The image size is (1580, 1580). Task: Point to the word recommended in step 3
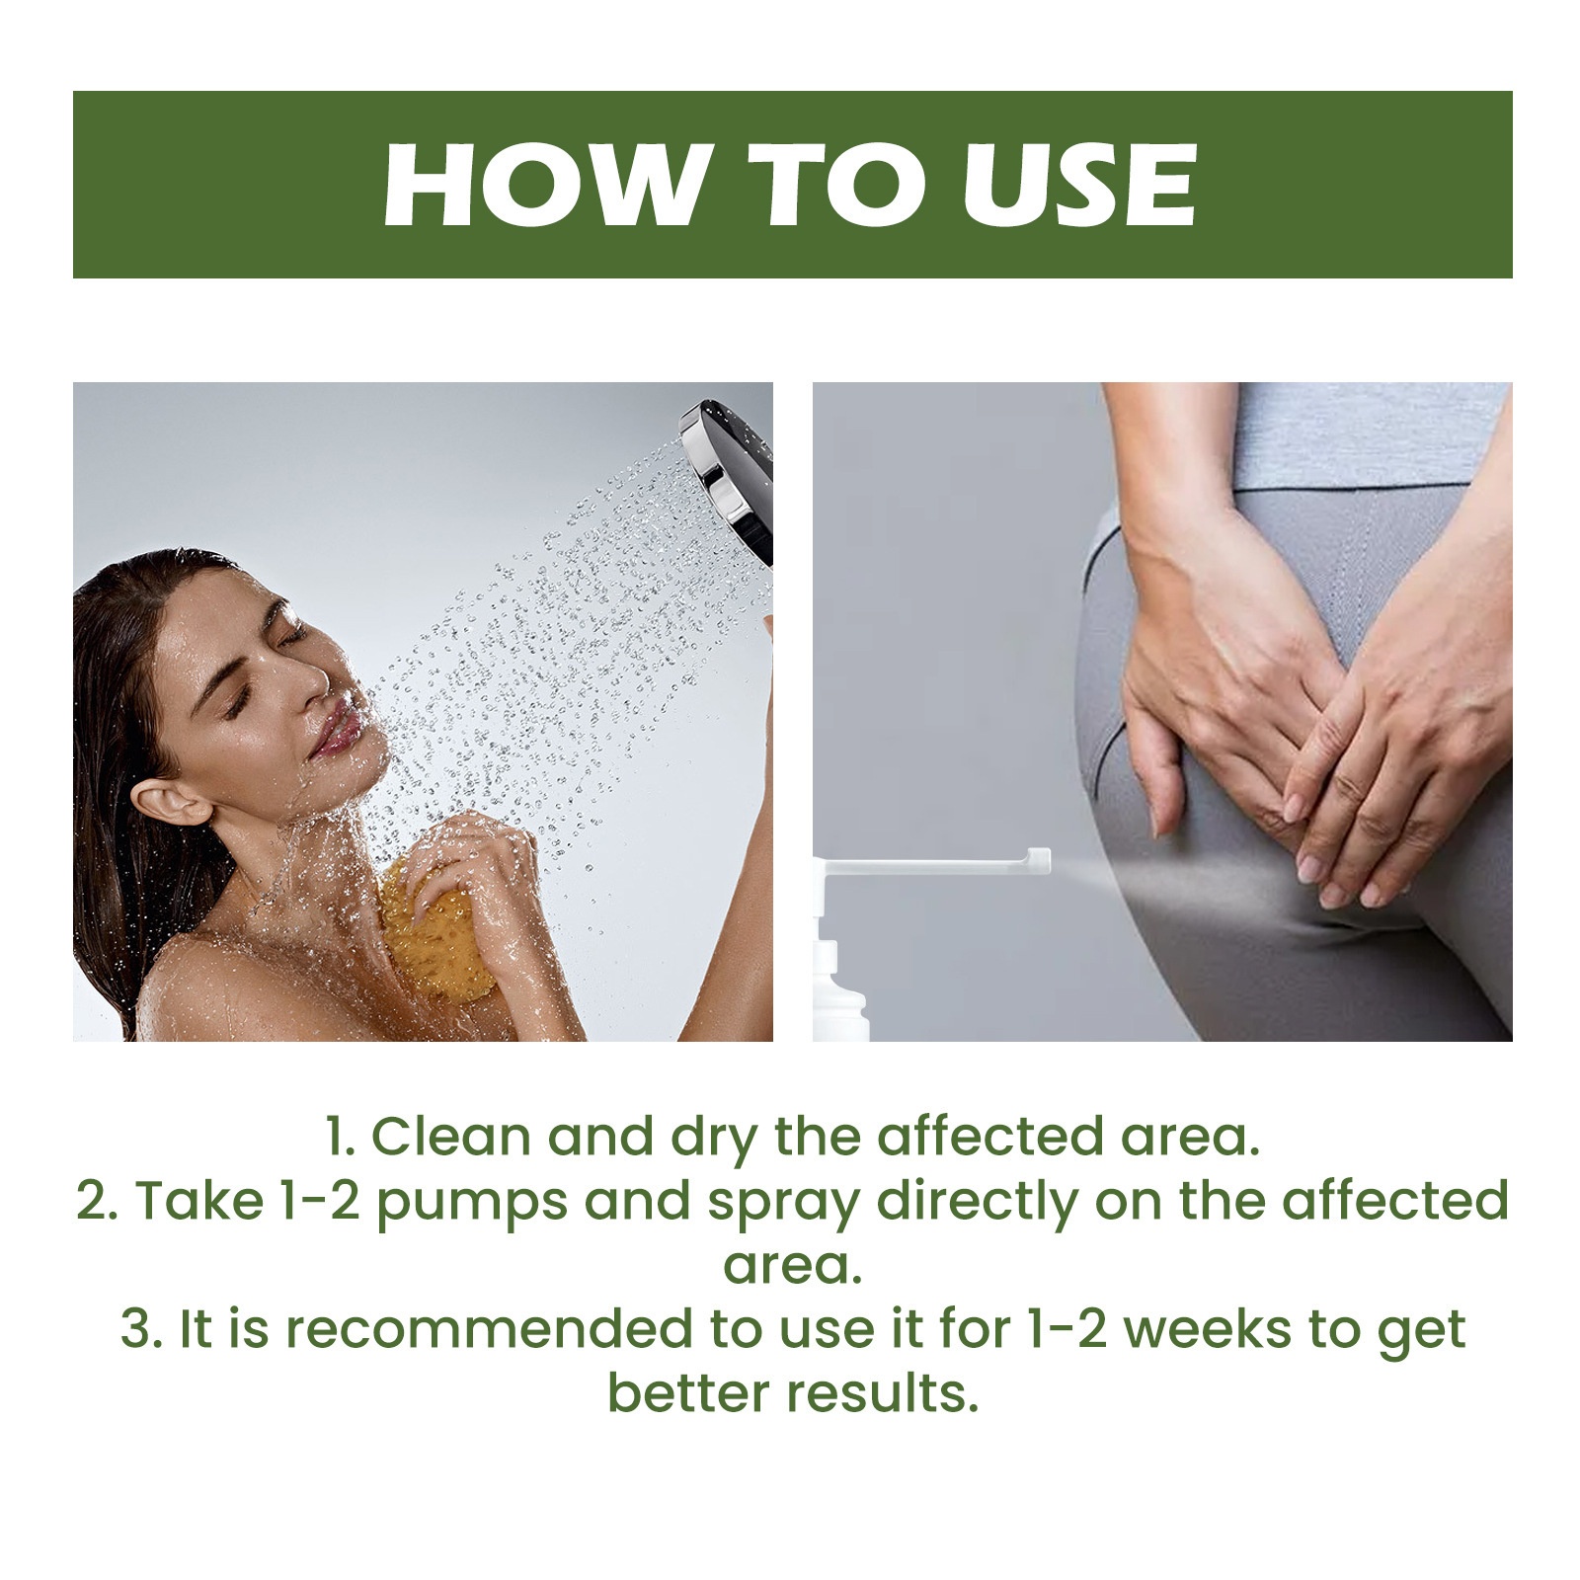(x=489, y=1329)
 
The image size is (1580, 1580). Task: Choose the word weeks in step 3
(x=1208, y=1329)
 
